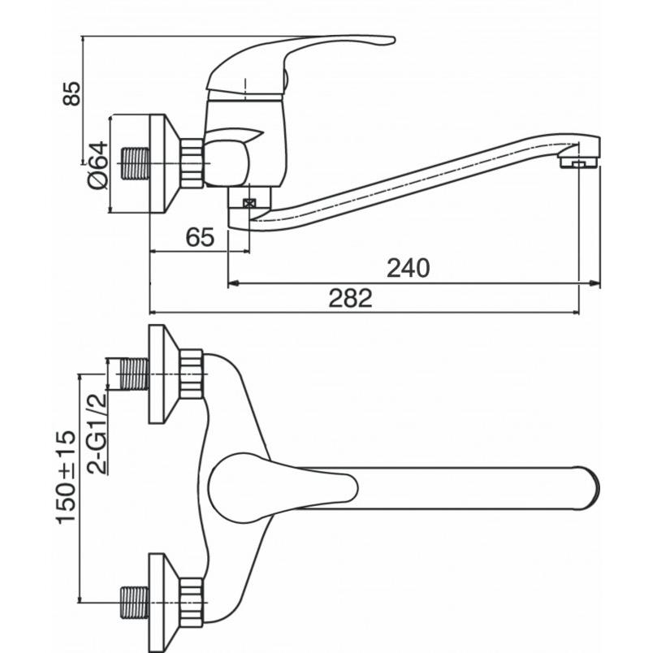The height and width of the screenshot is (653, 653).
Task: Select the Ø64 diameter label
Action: [x=97, y=166]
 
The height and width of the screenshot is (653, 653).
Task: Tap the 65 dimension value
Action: [x=200, y=237]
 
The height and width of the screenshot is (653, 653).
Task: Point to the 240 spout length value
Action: [x=407, y=267]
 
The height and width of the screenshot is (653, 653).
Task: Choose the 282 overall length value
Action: [x=350, y=298]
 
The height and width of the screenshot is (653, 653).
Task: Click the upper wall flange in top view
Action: [x=162, y=374]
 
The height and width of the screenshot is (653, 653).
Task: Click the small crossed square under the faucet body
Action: [x=249, y=204]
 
